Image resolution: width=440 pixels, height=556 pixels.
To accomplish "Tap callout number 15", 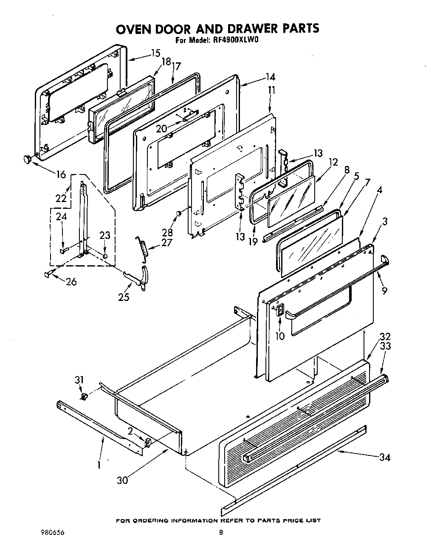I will [x=155, y=53].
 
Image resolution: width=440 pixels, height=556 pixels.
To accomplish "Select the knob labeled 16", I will [x=27, y=159].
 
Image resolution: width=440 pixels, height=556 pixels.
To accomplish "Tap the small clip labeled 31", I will [x=84, y=396].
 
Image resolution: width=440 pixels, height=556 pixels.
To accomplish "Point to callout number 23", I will [x=104, y=236].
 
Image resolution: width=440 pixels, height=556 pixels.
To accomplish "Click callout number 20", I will [x=161, y=128].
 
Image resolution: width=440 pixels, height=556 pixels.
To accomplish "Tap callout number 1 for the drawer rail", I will [x=99, y=465].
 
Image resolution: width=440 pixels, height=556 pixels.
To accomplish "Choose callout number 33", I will [x=385, y=346].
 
